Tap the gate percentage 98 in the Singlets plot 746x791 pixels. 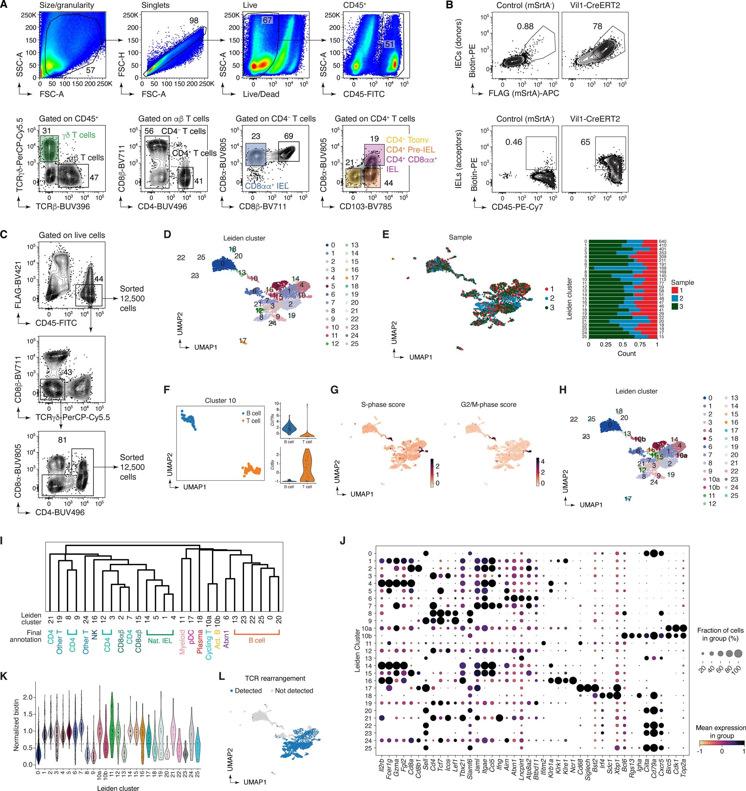tap(194, 21)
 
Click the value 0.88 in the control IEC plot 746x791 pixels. tap(525, 26)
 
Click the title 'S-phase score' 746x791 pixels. tap(383, 405)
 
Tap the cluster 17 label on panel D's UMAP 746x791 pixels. tap(243, 340)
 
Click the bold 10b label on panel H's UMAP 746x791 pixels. tap(640, 439)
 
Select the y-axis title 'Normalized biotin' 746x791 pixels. tap(16, 725)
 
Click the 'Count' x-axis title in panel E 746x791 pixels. tap(627, 353)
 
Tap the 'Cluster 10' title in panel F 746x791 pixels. tap(220, 401)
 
